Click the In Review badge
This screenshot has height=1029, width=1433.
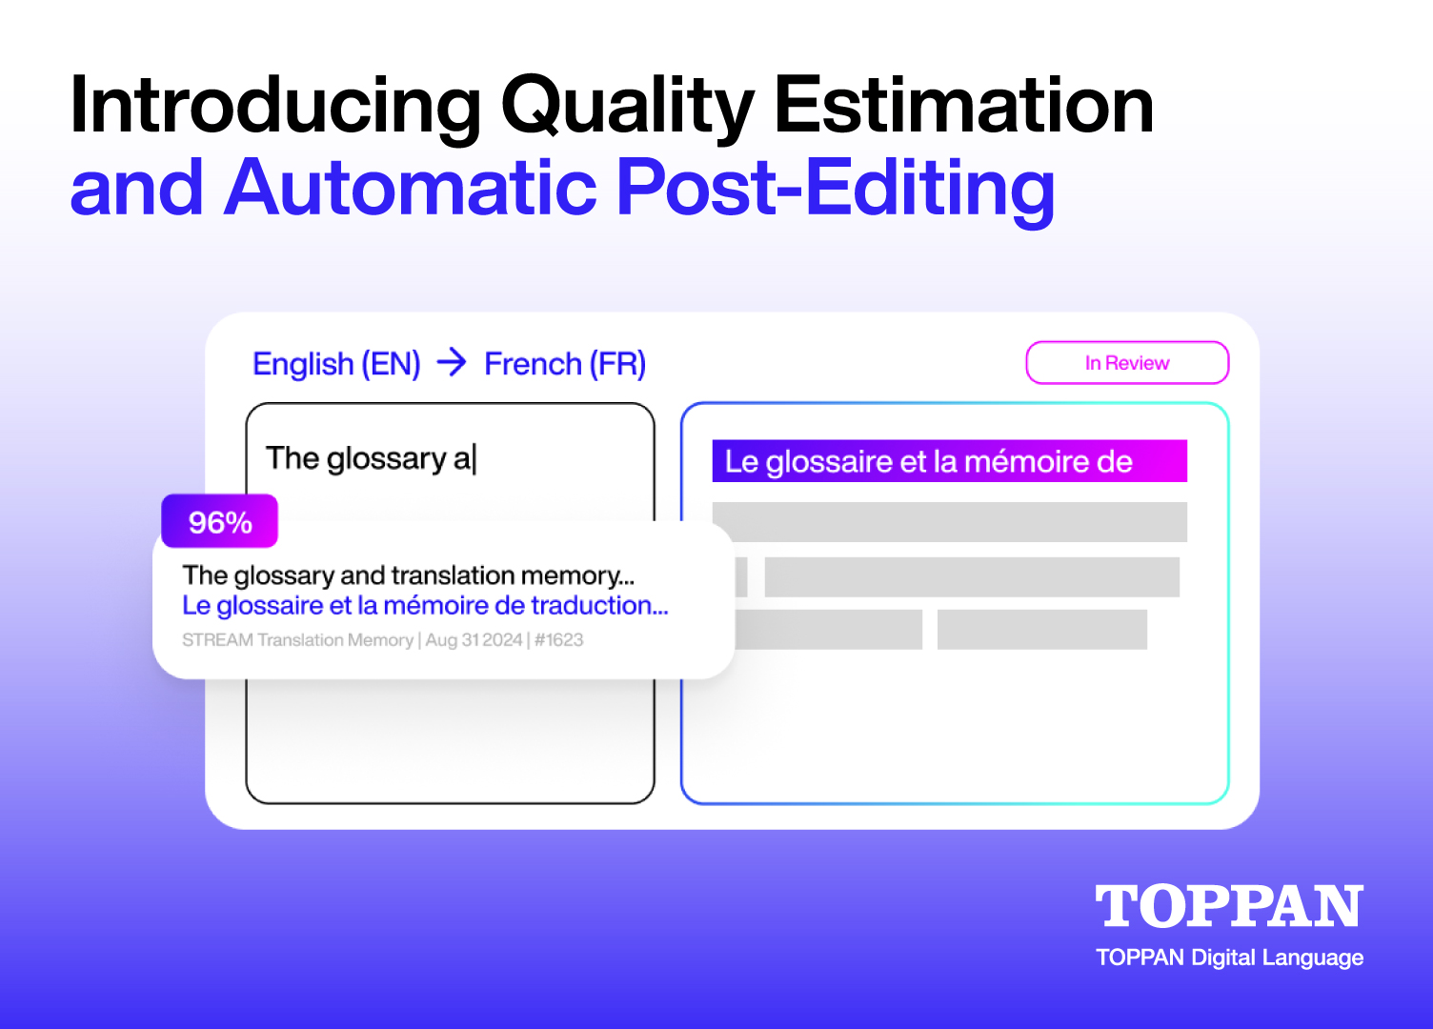coord(1127,363)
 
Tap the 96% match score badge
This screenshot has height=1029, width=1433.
coord(219,521)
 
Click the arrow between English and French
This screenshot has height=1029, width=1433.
coord(452,362)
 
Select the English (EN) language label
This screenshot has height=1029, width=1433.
coord(336,364)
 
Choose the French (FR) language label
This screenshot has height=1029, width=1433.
coord(565,364)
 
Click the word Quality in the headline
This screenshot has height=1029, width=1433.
coord(628,107)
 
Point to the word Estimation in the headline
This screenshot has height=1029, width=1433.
coord(964,105)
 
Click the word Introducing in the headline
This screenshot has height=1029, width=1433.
coord(275,107)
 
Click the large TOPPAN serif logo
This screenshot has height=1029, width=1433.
coord(1229,905)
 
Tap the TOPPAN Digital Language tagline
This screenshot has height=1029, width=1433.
coord(1229,958)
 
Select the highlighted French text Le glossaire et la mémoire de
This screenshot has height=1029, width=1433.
coord(928,462)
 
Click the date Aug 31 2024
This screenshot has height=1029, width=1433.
coord(474,639)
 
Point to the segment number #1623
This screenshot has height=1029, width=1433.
coord(558,639)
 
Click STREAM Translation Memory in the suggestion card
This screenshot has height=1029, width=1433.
coord(297,639)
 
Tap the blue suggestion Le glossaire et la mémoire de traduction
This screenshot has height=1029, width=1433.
coord(425,606)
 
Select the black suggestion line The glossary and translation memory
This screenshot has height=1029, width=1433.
coord(408,575)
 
